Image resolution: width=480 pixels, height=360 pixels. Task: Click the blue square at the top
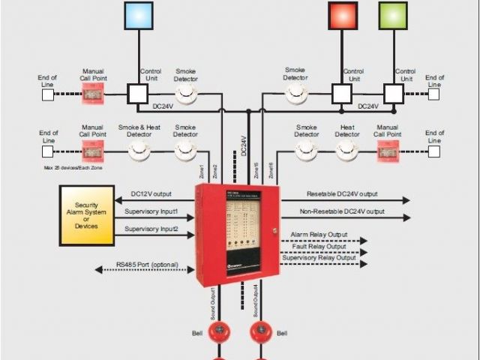coord(139,16)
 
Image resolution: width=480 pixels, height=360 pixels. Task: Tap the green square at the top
coord(394,16)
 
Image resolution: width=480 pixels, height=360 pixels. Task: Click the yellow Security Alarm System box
coord(86,215)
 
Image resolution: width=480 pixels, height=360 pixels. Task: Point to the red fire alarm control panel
coord(236,232)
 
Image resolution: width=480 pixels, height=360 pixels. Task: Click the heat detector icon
coord(346,151)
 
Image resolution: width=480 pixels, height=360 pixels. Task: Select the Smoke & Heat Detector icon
coord(138,151)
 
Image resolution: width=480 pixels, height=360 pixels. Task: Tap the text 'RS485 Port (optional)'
coord(146,264)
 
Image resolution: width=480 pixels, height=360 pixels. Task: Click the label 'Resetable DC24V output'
coord(342,194)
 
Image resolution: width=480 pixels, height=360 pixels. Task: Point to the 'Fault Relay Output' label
coord(318,246)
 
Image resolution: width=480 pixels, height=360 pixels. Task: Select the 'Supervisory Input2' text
coord(151,229)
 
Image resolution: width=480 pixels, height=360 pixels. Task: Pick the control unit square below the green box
coord(394,94)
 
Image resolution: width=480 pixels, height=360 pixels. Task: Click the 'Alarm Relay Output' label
coord(319,235)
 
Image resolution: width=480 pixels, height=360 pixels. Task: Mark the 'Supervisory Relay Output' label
coord(319,257)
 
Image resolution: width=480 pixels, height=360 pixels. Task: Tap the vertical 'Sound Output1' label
coord(213,302)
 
